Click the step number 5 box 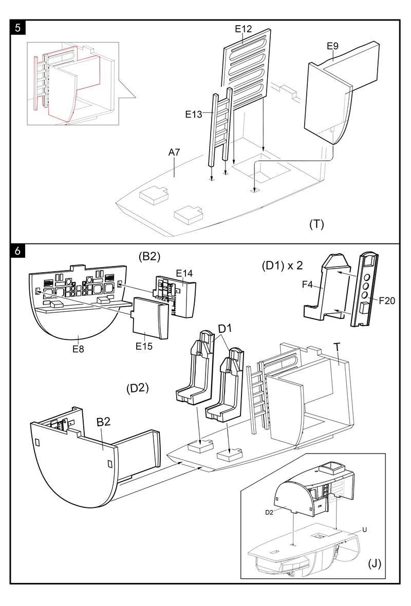18,28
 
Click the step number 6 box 18,252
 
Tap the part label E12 243,29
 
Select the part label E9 332,46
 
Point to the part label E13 194,114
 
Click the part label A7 175,153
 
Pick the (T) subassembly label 316,224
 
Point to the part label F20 387,301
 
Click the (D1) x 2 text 282,266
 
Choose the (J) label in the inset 374,564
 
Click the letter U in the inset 364,529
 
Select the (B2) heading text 149,257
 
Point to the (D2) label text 137,388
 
